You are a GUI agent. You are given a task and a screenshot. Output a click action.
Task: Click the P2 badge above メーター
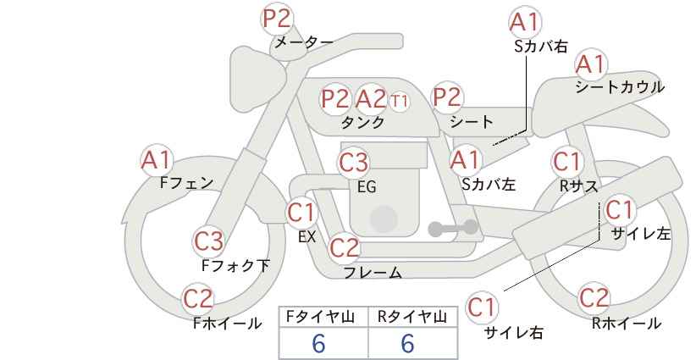coord(276,18)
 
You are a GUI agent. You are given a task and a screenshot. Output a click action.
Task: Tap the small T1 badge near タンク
coord(400,100)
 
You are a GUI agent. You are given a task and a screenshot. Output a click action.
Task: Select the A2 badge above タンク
coord(370,99)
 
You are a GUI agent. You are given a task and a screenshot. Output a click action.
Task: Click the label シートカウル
coord(620,86)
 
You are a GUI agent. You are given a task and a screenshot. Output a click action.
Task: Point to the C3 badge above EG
coord(354,161)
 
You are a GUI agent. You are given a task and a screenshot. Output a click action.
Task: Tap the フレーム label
coord(373,272)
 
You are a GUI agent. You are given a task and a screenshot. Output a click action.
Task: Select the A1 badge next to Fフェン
coord(157,159)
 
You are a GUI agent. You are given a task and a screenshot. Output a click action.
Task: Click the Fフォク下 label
coord(235,265)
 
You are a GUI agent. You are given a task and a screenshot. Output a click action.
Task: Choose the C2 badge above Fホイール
coord(199,299)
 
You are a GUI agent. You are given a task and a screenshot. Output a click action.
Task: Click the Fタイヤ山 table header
coord(323,316)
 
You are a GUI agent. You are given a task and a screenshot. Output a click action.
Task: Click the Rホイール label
coord(627,323)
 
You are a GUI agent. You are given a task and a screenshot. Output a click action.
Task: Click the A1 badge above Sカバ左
coord(464,158)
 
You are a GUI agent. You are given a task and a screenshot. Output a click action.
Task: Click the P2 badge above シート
coord(448,97)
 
